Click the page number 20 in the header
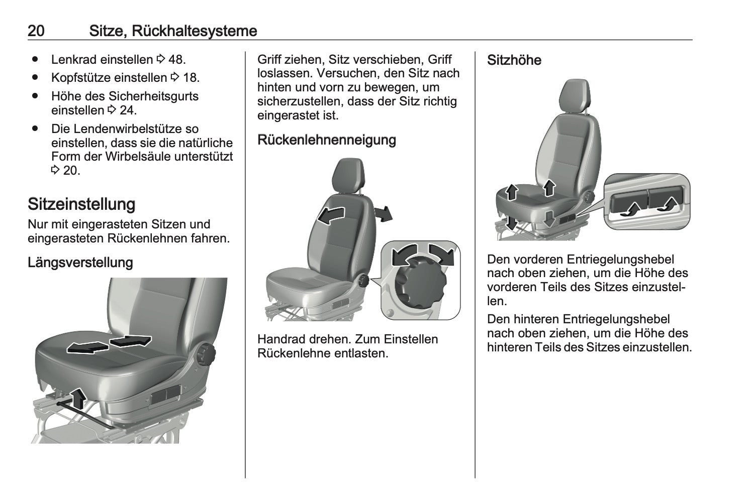coord(36,31)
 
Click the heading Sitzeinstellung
coord(81,204)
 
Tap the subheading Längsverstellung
coord(80,263)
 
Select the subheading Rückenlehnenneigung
coord(327,140)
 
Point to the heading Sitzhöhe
coord(514,60)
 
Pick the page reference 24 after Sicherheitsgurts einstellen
coord(127,110)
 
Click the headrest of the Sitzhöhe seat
coord(575,96)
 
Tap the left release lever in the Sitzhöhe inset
coord(628,203)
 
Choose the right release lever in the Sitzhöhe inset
coord(665,200)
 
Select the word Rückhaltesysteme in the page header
coord(195,31)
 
